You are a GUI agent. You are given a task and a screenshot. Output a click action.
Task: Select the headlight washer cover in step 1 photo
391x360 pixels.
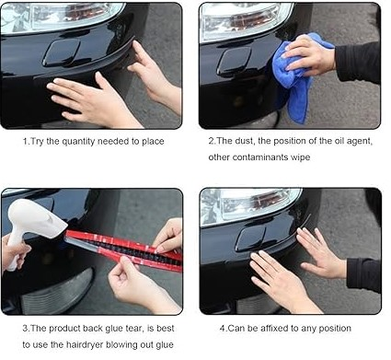[x=62, y=52]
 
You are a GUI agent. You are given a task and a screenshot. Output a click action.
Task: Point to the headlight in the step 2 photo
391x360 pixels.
[x=246, y=21]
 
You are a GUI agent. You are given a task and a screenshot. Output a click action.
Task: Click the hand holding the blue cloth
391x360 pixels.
[x=309, y=55]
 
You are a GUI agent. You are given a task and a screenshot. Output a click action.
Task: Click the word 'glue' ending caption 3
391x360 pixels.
[x=164, y=344]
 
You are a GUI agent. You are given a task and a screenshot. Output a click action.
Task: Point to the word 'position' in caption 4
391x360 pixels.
[x=335, y=329]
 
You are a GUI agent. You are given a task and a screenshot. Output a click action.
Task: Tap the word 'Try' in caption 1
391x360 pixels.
[x=37, y=142]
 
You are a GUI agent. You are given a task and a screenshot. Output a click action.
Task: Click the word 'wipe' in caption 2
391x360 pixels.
[x=300, y=157]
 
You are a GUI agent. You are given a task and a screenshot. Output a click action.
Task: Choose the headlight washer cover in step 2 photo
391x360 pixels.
[x=234, y=62]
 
